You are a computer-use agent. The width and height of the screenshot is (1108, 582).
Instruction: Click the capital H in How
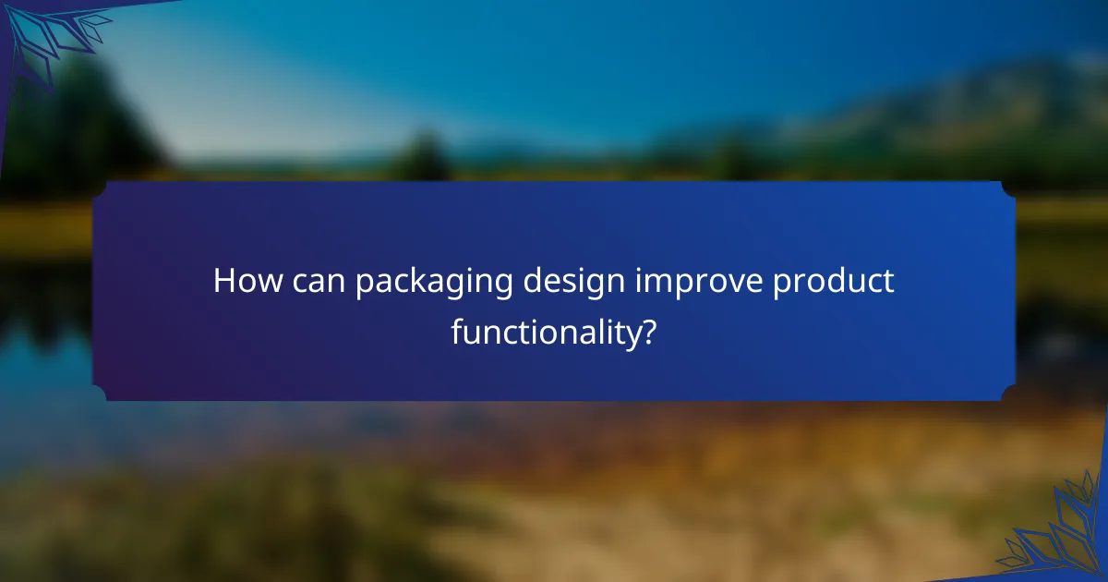[x=224, y=282]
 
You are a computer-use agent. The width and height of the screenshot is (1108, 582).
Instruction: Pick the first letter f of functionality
[x=456, y=331]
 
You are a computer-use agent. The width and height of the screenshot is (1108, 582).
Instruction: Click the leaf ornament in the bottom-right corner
[x=1056, y=536]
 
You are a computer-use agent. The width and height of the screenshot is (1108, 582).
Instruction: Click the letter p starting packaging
[x=364, y=285]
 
